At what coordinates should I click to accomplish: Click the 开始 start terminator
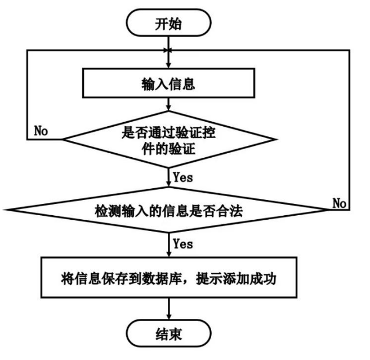click(x=169, y=24)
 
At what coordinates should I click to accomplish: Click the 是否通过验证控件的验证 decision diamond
click(x=168, y=139)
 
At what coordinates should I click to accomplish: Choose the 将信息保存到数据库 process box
click(x=169, y=279)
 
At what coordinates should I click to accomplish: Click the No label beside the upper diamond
click(x=41, y=131)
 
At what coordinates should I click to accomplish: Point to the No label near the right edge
click(x=339, y=203)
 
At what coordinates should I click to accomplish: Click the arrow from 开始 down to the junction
click(x=168, y=42)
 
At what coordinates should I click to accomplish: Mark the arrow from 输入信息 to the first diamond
click(x=168, y=106)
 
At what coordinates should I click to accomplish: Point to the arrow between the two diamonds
click(x=168, y=177)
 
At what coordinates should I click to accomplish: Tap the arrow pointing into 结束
click(x=168, y=310)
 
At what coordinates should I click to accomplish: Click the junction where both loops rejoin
click(x=168, y=51)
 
